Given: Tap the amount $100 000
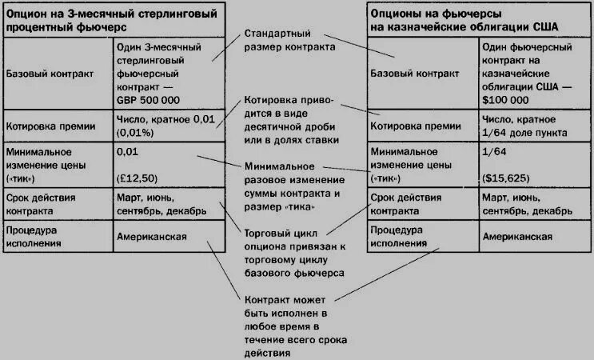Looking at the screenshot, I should tap(505, 100).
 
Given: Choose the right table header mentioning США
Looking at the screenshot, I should tap(464, 19).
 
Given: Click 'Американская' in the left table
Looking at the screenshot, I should tap(152, 237).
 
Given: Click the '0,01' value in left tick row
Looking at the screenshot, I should tap(126, 151).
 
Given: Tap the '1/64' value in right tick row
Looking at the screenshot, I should tap(493, 151).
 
